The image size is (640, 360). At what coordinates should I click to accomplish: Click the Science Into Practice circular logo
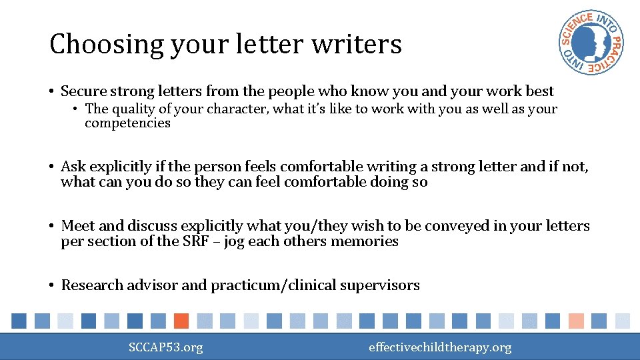click(591, 43)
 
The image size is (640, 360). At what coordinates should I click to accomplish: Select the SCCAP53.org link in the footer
click(166, 347)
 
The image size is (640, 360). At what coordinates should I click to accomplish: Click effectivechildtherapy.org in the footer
click(440, 347)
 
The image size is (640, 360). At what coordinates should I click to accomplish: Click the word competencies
click(127, 123)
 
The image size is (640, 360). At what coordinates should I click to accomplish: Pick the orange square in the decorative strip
click(181, 321)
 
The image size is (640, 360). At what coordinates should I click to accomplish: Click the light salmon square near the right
click(576, 321)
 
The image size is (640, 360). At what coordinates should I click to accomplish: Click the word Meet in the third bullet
click(75, 226)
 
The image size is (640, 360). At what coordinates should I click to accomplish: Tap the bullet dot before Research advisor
click(51, 285)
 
